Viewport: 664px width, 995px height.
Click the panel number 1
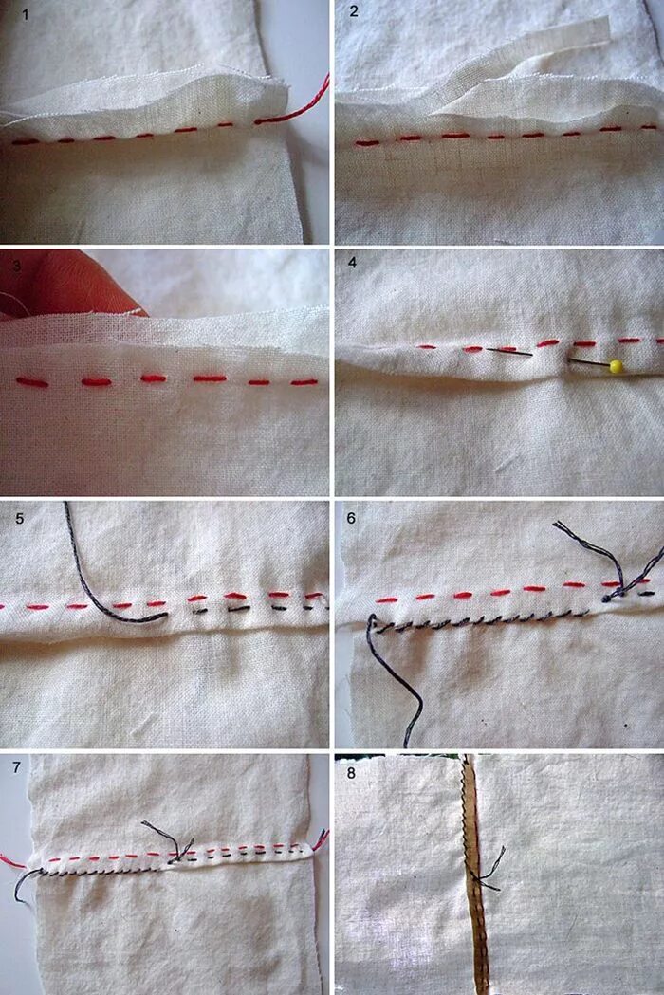[26, 14]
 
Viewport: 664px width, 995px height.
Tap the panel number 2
[354, 11]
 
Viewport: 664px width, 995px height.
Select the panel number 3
[17, 267]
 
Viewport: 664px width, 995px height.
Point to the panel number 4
[353, 263]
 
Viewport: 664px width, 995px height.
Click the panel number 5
[20, 519]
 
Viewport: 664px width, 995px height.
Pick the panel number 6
[351, 518]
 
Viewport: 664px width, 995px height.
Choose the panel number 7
[16, 767]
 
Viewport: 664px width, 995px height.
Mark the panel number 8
[351, 774]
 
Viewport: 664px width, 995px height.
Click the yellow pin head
[615, 366]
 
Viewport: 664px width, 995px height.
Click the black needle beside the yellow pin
[509, 350]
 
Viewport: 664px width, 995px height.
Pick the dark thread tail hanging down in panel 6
[397, 679]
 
